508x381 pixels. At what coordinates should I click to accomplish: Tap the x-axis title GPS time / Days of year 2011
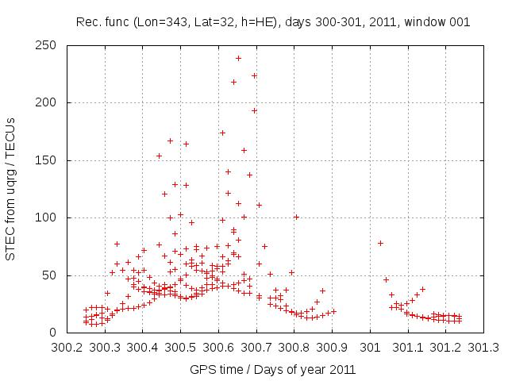coord(272,369)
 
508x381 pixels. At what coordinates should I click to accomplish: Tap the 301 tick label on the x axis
coord(370,348)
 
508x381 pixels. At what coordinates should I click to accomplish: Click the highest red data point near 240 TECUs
coord(238,58)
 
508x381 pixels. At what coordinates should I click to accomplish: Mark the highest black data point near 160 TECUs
coord(244,150)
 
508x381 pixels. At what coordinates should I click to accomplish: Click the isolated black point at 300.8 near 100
coord(296,217)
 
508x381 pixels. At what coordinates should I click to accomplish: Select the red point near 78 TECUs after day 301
coord(380,243)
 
